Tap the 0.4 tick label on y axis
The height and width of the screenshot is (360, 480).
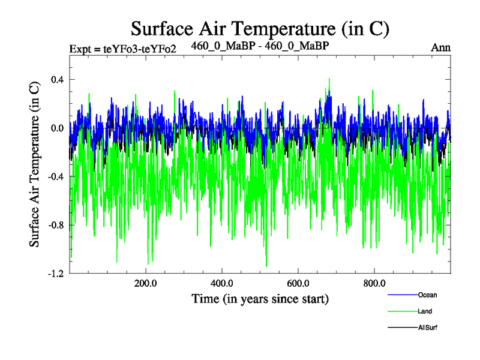[x=57, y=80]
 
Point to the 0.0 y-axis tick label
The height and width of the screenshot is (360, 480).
[x=57, y=128]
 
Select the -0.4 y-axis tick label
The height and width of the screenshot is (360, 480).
[x=56, y=176]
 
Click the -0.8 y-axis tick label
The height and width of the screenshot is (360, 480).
[x=56, y=225]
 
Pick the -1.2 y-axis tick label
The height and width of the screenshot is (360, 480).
[x=56, y=274]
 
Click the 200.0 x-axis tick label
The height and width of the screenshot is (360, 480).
[x=146, y=283]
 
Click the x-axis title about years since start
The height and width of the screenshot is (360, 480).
[x=260, y=298]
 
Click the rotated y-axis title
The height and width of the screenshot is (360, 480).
[x=35, y=178]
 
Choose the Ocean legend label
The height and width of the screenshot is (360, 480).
[x=427, y=295]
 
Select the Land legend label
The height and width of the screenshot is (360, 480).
[x=425, y=311]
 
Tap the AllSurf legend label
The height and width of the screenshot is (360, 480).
[x=428, y=328]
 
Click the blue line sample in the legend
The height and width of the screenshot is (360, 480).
[x=403, y=295]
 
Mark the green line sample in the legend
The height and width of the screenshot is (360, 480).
[x=403, y=311]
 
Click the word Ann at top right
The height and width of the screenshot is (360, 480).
[x=440, y=47]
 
